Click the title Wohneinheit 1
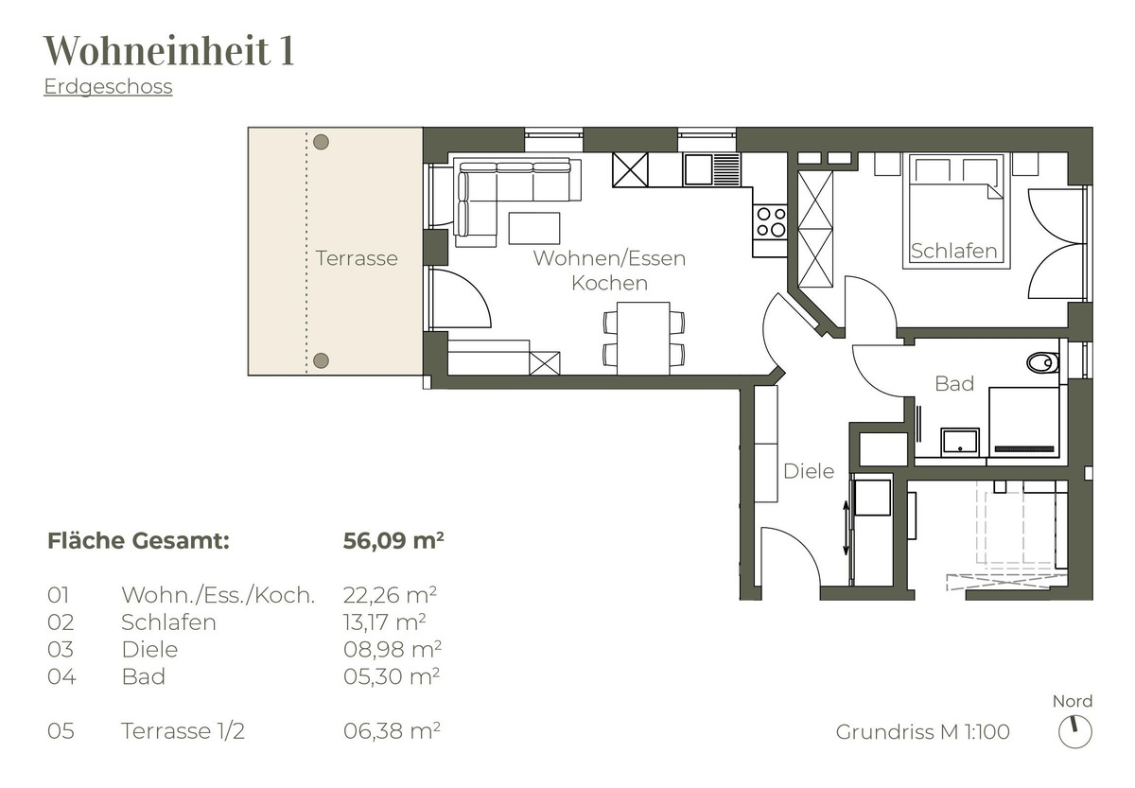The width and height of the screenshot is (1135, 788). [x=168, y=50]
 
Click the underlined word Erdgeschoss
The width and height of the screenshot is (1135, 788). [x=108, y=86]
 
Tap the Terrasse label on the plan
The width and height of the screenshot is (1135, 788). [x=357, y=258]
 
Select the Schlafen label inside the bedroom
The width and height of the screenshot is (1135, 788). [x=953, y=251]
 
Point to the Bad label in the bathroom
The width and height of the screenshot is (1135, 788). [x=954, y=384]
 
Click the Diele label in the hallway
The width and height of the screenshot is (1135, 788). [x=809, y=471]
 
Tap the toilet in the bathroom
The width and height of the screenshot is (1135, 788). [x=1042, y=362]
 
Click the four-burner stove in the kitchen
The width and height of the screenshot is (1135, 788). [x=770, y=222]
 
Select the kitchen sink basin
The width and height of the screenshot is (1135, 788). [x=698, y=169]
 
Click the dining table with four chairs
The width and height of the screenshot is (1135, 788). [x=643, y=338]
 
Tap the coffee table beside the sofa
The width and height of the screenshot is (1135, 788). [x=534, y=229]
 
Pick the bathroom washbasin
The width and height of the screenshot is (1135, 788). [x=960, y=443]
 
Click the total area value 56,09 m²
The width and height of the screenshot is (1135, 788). [x=393, y=540]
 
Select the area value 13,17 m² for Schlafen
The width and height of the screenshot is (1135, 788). [x=384, y=622]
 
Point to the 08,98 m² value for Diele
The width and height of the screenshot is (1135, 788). [x=393, y=649]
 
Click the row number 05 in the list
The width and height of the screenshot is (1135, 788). [x=61, y=731]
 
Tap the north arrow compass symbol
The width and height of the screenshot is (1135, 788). [x=1074, y=732]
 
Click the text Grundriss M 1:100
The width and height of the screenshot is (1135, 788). [x=923, y=732]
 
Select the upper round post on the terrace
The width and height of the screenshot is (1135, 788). [x=321, y=142]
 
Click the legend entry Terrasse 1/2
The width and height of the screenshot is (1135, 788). [x=183, y=731]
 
